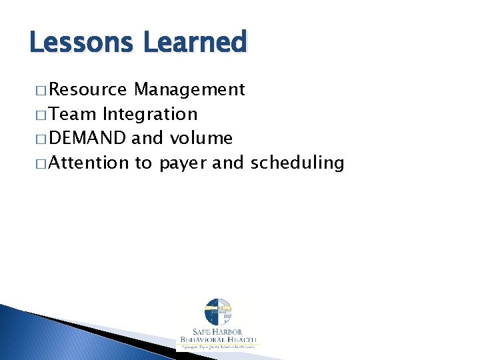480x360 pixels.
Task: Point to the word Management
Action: pos(189,89)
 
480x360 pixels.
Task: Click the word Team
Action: pos(73,114)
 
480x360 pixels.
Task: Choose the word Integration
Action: pos(150,114)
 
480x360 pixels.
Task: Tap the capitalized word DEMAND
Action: pos(87,138)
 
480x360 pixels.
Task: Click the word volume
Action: pos(201,138)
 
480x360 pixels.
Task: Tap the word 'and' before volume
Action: pos(147,138)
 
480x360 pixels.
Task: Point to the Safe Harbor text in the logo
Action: pos(217,332)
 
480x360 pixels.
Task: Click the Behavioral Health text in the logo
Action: pos(217,340)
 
